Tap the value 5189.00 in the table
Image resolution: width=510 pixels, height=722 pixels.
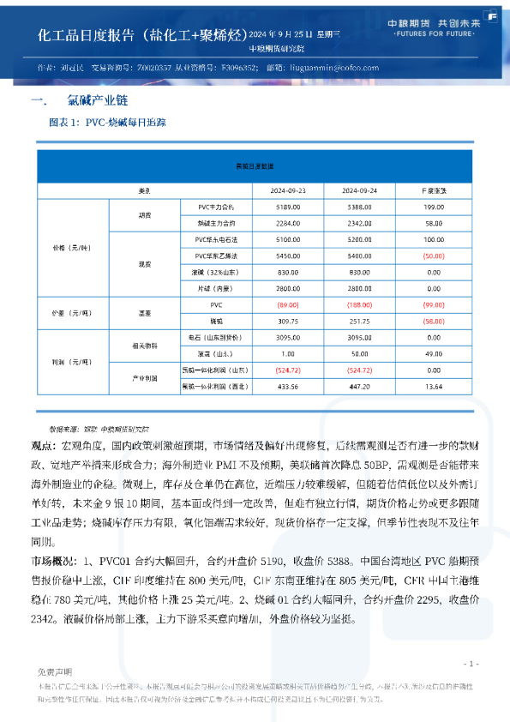(288, 207)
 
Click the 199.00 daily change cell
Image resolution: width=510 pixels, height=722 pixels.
(434, 207)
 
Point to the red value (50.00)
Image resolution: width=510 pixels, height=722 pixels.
(433, 256)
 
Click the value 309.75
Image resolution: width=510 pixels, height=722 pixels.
(288, 321)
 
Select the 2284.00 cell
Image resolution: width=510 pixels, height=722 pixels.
(288, 223)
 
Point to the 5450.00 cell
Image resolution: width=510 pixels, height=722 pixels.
(288, 256)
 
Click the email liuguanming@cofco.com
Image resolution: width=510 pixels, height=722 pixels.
(330, 67)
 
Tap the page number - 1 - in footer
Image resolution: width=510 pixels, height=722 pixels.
(470, 664)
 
